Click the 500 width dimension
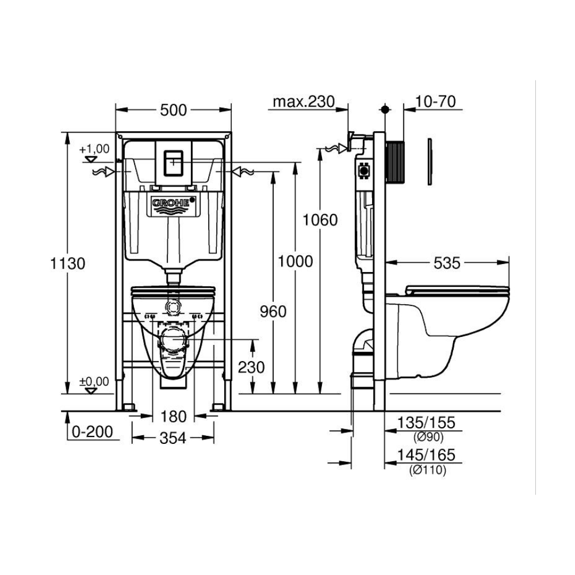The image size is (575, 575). pyautogui.click(x=174, y=110)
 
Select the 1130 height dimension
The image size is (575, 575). pyautogui.click(x=67, y=263)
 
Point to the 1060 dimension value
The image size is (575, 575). pyautogui.click(x=320, y=220)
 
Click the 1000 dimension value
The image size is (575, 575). pyautogui.click(x=295, y=262)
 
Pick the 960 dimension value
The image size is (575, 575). pyautogui.click(x=273, y=312)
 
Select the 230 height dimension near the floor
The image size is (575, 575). pyautogui.click(x=251, y=367)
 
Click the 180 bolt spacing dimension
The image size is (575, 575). pyautogui.click(x=174, y=416)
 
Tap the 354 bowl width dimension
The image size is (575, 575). pyautogui.click(x=172, y=438)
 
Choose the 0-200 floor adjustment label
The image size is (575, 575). pyautogui.click(x=93, y=432)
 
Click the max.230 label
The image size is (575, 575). pyautogui.click(x=304, y=102)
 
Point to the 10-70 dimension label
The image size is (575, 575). pyautogui.click(x=436, y=102)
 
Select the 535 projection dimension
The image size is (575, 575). pyautogui.click(x=447, y=263)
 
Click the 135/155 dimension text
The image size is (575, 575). pyautogui.click(x=427, y=423)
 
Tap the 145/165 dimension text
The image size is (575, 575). pyautogui.click(x=427, y=455)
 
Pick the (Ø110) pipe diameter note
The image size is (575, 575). pyautogui.click(x=428, y=470)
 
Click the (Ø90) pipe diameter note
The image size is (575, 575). pyautogui.click(x=429, y=437)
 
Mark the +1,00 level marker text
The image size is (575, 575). pyautogui.click(x=95, y=149)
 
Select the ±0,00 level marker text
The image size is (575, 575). pyautogui.click(x=94, y=382)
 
